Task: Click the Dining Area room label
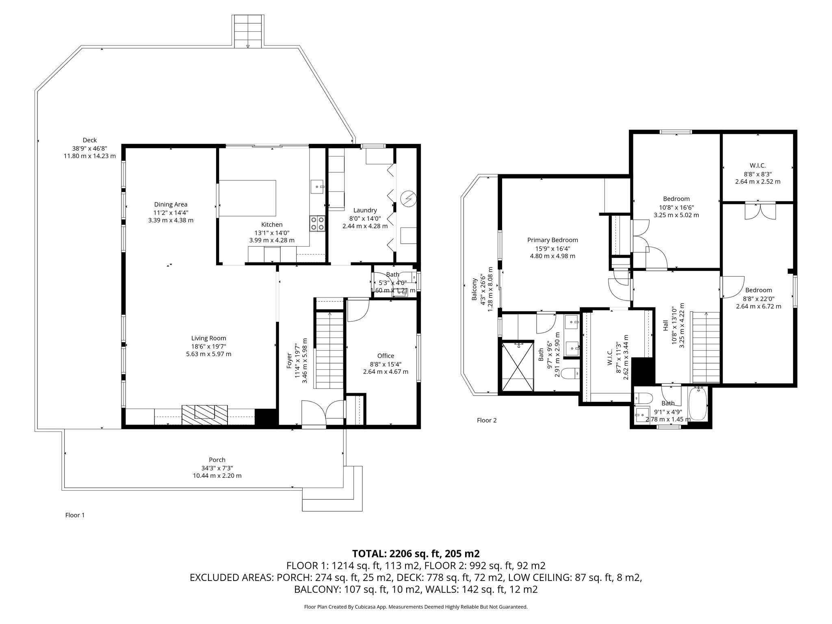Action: pyautogui.click(x=171, y=205)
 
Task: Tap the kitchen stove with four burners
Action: pyautogui.click(x=317, y=223)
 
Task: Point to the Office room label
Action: pyautogui.click(x=386, y=356)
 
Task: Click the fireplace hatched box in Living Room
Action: pyautogui.click(x=205, y=415)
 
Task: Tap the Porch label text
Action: pyautogui.click(x=217, y=460)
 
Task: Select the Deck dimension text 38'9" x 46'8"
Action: pyautogui.click(x=89, y=148)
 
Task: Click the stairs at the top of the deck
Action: pyautogui.click(x=248, y=31)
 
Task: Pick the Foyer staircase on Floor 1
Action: pyautogui.click(x=329, y=349)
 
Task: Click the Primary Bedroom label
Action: pyautogui.click(x=552, y=240)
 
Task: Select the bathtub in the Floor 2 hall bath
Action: pyautogui.click(x=698, y=404)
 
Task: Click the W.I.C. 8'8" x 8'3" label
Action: pyautogui.click(x=758, y=166)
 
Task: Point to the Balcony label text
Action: pyautogui.click(x=474, y=289)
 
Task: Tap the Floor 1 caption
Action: pyautogui.click(x=75, y=515)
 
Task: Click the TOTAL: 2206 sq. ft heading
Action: pyautogui.click(x=416, y=553)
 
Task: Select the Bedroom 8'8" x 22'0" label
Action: pyautogui.click(x=758, y=290)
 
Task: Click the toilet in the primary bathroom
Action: pyautogui.click(x=570, y=372)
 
